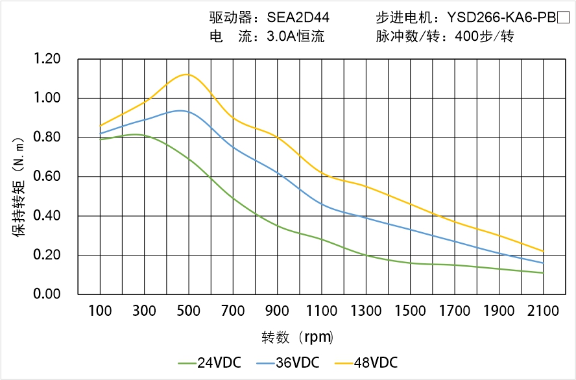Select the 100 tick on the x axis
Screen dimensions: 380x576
tap(100, 311)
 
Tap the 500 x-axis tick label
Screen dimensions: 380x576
tap(189, 311)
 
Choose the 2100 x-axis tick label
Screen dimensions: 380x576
tap(543, 311)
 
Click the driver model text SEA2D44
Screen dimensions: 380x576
tap(298, 18)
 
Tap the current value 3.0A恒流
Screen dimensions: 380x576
tap(295, 36)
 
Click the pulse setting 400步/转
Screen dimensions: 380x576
tap(484, 36)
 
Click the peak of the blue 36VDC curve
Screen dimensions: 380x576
tap(180, 111)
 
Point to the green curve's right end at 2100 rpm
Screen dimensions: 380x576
tap(543, 273)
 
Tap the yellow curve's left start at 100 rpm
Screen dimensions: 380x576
tap(100, 126)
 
